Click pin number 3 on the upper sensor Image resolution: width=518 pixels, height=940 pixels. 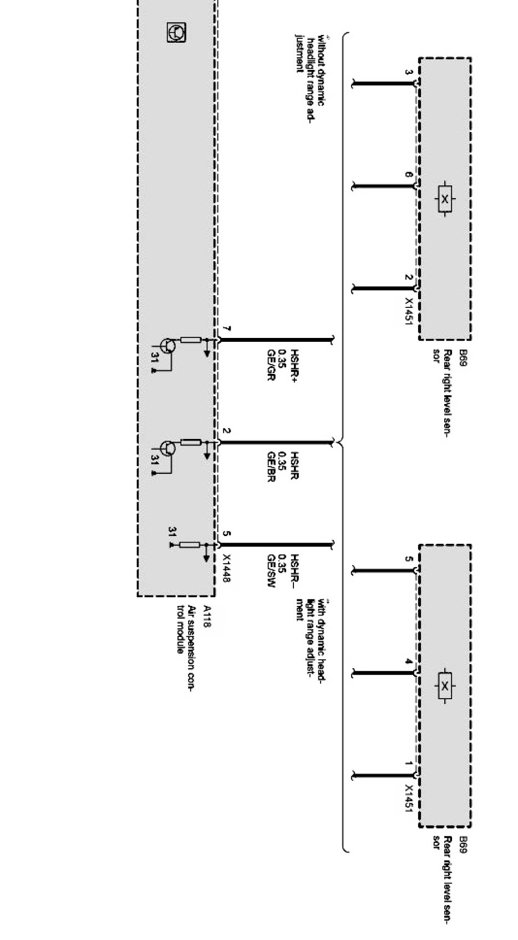pyautogui.click(x=409, y=73)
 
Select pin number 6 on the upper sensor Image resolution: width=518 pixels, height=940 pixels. pyautogui.click(x=409, y=175)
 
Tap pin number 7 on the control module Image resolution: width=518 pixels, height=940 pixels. pyautogui.click(x=226, y=330)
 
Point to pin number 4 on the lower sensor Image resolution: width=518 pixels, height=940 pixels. pyautogui.click(x=409, y=661)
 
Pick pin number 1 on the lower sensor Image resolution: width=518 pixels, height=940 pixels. pyautogui.click(x=409, y=764)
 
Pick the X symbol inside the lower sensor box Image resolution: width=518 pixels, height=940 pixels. pyautogui.click(x=444, y=686)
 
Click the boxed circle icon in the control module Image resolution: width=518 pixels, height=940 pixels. pyautogui.click(x=176, y=33)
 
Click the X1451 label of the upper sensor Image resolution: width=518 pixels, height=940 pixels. pyautogui.click(x=409, y=310)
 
